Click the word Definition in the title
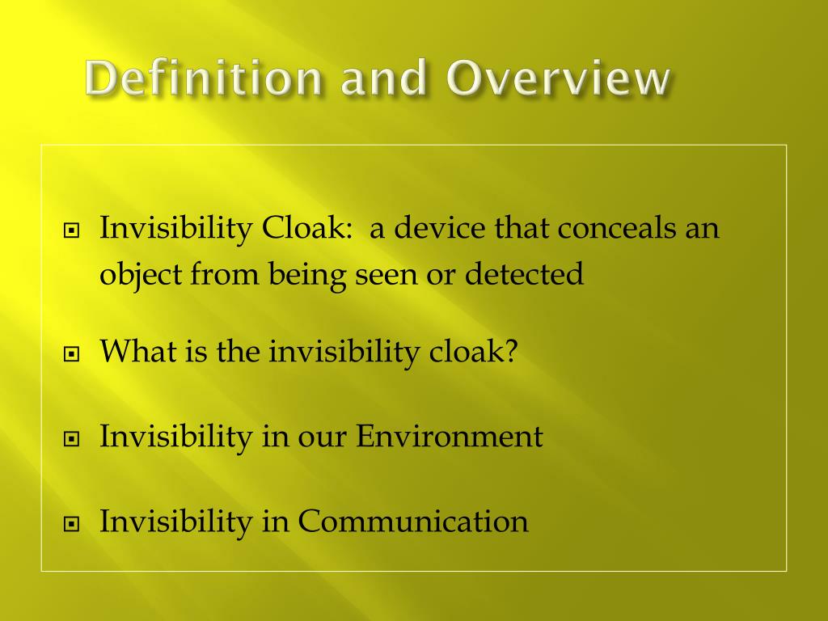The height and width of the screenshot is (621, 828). click(204, 79)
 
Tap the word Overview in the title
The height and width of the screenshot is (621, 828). click(559, 79)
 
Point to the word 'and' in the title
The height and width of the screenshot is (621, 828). click(383, 79)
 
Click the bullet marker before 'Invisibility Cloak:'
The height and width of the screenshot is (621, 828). click(72, 231)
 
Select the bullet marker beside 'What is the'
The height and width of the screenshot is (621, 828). click(72, 354)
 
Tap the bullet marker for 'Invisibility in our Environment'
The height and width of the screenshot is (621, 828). click(72, 439)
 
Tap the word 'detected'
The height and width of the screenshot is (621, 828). click(524, 275)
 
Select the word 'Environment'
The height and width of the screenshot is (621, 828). click(450, 437)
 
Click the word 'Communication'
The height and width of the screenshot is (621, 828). click(413, 522)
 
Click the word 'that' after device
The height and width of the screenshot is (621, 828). click(522, 229)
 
